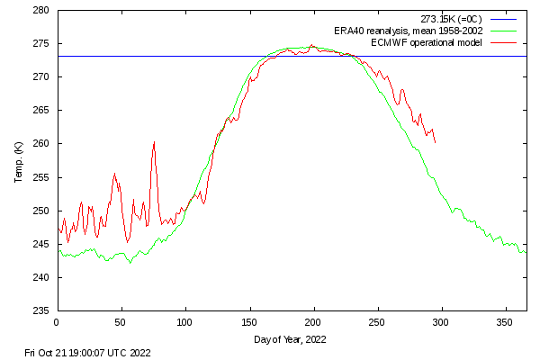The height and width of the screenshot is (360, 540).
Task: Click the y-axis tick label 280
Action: click(x=41, y=11)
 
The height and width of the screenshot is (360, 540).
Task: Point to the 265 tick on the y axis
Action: click(x=41, y=111)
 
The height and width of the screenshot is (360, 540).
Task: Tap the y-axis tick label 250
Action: click(x=41, y=211)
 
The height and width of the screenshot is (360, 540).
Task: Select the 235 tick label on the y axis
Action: click(x=41, y=310)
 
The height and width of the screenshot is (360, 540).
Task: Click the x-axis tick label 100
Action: click(x=185, y=320)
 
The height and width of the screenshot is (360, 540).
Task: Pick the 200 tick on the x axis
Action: click(x=314, y=320)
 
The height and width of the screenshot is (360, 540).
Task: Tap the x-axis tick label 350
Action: click(x=507, y=320)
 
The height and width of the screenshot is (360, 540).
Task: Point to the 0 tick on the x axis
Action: click(x=57, y=320)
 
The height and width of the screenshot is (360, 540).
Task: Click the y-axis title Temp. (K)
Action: click(x=18, y=161)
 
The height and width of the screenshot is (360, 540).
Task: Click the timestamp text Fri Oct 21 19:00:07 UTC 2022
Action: click(x=89, y=353)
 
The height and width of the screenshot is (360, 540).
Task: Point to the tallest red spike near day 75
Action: click(x=154, y=142)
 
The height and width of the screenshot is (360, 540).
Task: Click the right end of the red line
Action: click(x=436, y=142)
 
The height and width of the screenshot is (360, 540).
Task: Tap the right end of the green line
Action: click(x=526, y=251)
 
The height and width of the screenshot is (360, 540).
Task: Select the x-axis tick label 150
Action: click(x=249, y=320)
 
